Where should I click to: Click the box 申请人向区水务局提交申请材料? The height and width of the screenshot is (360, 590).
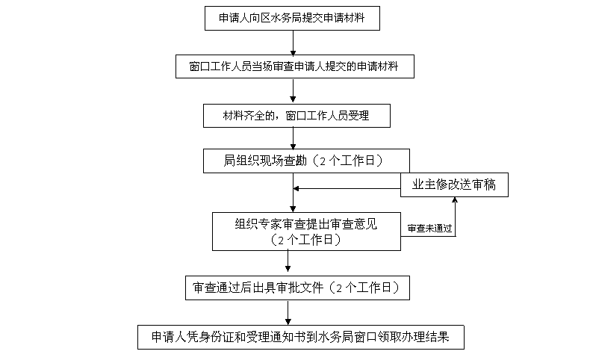pyautogui.click(x=292, y=18)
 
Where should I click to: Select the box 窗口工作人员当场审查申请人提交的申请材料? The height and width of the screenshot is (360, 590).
pyautogui.click(x=293, y=66)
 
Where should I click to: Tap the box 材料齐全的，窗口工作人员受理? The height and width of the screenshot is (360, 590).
pyautogui.click(x=296, y=115)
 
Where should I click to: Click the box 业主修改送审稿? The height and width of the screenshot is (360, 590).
pyautogui.click(x=454, y=185)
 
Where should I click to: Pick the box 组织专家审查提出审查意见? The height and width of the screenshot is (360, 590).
pyautogui.click(x=306, y=231)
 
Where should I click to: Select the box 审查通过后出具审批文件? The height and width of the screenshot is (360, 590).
pyautogui.click(x=298, y=288)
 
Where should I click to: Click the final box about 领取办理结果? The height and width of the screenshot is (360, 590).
pyautogui.click(x=300, y=336)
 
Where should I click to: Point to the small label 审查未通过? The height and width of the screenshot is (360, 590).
pyautogui.click(x=429, y=229)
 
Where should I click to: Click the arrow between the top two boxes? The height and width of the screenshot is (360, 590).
pyautogui.click(x=293, y=43)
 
